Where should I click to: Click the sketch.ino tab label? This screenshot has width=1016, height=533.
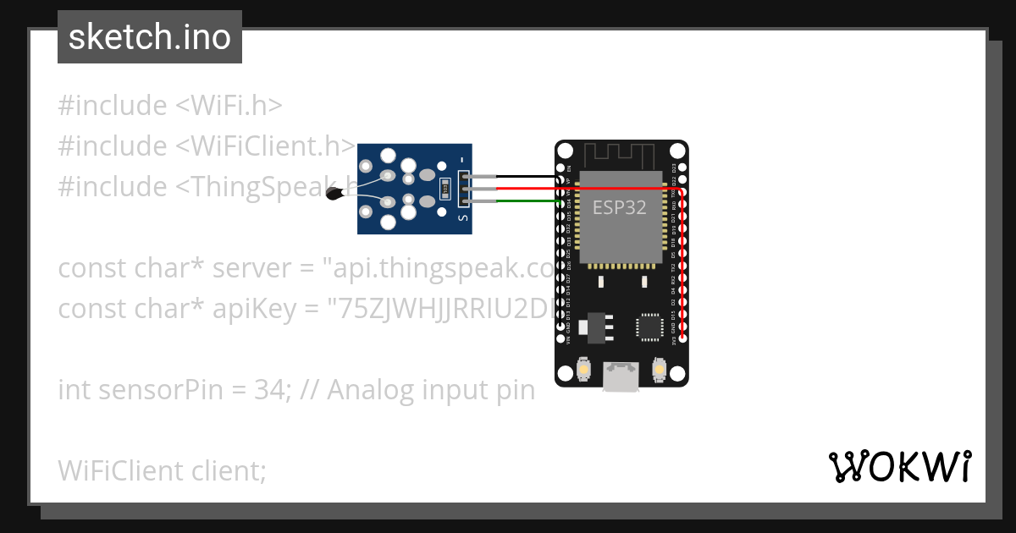150,37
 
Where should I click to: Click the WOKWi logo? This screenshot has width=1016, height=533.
899,466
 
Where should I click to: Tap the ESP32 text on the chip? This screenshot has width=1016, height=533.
619,207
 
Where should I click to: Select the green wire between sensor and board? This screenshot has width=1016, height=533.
525,201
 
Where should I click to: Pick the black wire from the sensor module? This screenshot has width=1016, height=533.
525,177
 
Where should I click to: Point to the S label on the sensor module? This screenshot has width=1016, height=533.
462,218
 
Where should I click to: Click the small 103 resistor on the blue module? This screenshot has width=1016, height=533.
444,189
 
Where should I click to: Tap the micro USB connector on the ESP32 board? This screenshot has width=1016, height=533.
621,376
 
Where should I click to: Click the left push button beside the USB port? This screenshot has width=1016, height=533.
583,370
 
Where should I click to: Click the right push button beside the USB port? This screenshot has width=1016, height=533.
659,370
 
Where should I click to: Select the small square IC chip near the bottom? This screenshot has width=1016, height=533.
650,326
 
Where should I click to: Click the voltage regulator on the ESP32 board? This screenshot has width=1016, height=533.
597,327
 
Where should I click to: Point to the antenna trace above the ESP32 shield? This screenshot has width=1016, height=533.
621,155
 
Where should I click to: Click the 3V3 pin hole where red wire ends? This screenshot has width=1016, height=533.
682,339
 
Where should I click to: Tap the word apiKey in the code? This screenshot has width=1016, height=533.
254,309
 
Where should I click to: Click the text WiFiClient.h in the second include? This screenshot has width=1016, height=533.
275,146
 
